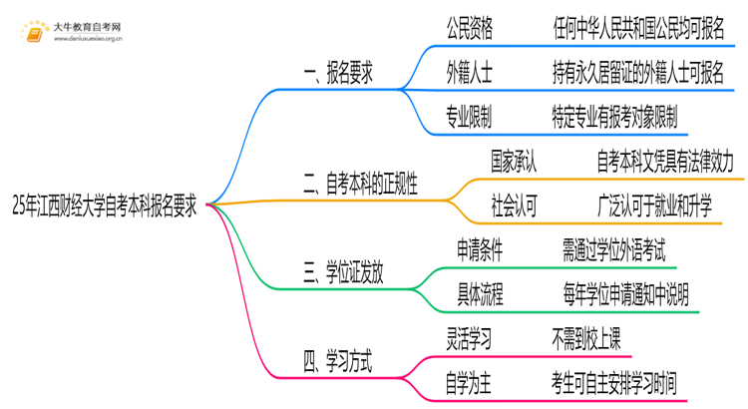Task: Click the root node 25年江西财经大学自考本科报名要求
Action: click(x=104, y=207)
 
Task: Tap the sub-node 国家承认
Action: click(x=515, y=162)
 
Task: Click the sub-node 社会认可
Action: click(x=515, y=205)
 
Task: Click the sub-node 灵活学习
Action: click(x=469, y=336)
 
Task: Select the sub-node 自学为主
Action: click(x=469, y=380)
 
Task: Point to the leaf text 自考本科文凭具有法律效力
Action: click(x=665, y=162)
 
